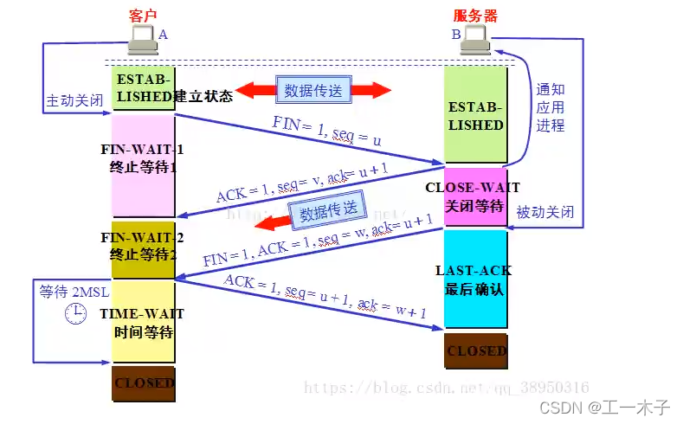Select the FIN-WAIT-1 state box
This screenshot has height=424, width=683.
(143, 164)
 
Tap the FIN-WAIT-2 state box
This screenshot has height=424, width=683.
(143, 249)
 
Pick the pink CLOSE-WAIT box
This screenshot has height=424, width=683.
(475, 196)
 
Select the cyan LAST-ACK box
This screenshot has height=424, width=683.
(475, 279)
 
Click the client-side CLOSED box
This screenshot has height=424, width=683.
(143, 382)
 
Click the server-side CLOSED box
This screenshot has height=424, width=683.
(475, 350)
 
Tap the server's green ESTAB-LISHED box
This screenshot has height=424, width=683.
(475, 115)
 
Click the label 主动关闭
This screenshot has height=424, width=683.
(73, 100)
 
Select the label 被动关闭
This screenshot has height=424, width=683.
(544, 212)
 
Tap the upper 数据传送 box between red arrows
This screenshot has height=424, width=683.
(312, 88)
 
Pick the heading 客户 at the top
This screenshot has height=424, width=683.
(142, 16)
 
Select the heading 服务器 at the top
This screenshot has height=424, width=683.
(474, 16)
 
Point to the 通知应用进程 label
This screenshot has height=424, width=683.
(550, 107)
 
